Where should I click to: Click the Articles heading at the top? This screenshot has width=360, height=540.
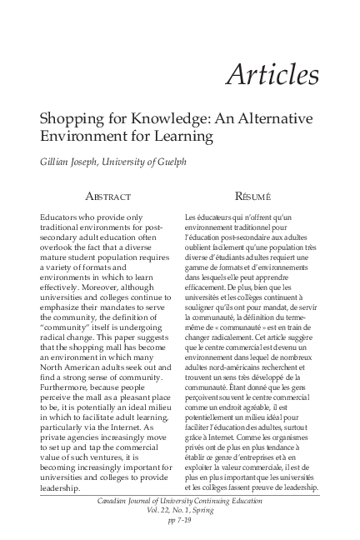point(272,74)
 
